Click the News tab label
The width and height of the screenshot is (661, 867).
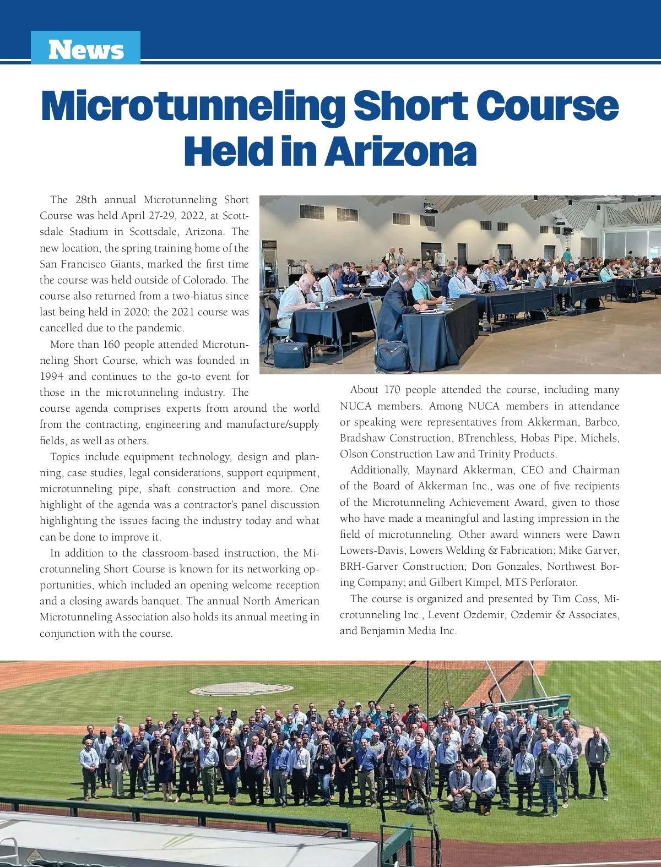click(86, 50)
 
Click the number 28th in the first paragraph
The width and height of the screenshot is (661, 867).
click(86, 200)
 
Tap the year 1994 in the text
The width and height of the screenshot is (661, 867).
click(52, 377)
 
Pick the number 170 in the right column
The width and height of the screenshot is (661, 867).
click(392, 390)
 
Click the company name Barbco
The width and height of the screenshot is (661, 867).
click(602, 422)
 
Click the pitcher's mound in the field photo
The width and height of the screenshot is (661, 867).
click(241, 689)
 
